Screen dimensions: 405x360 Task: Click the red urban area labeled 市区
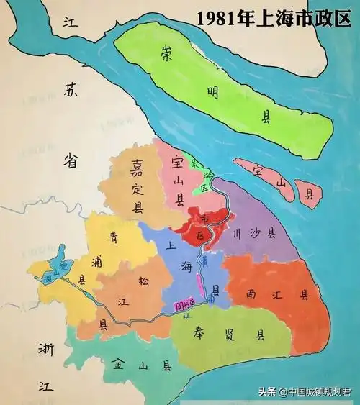pos(206,228)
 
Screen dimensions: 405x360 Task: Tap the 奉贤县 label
pos(229,335)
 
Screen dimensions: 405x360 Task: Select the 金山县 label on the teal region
pos(140,365)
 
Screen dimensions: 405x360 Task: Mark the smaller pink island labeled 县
pos(310,194)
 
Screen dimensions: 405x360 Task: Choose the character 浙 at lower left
pos(42,350)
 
